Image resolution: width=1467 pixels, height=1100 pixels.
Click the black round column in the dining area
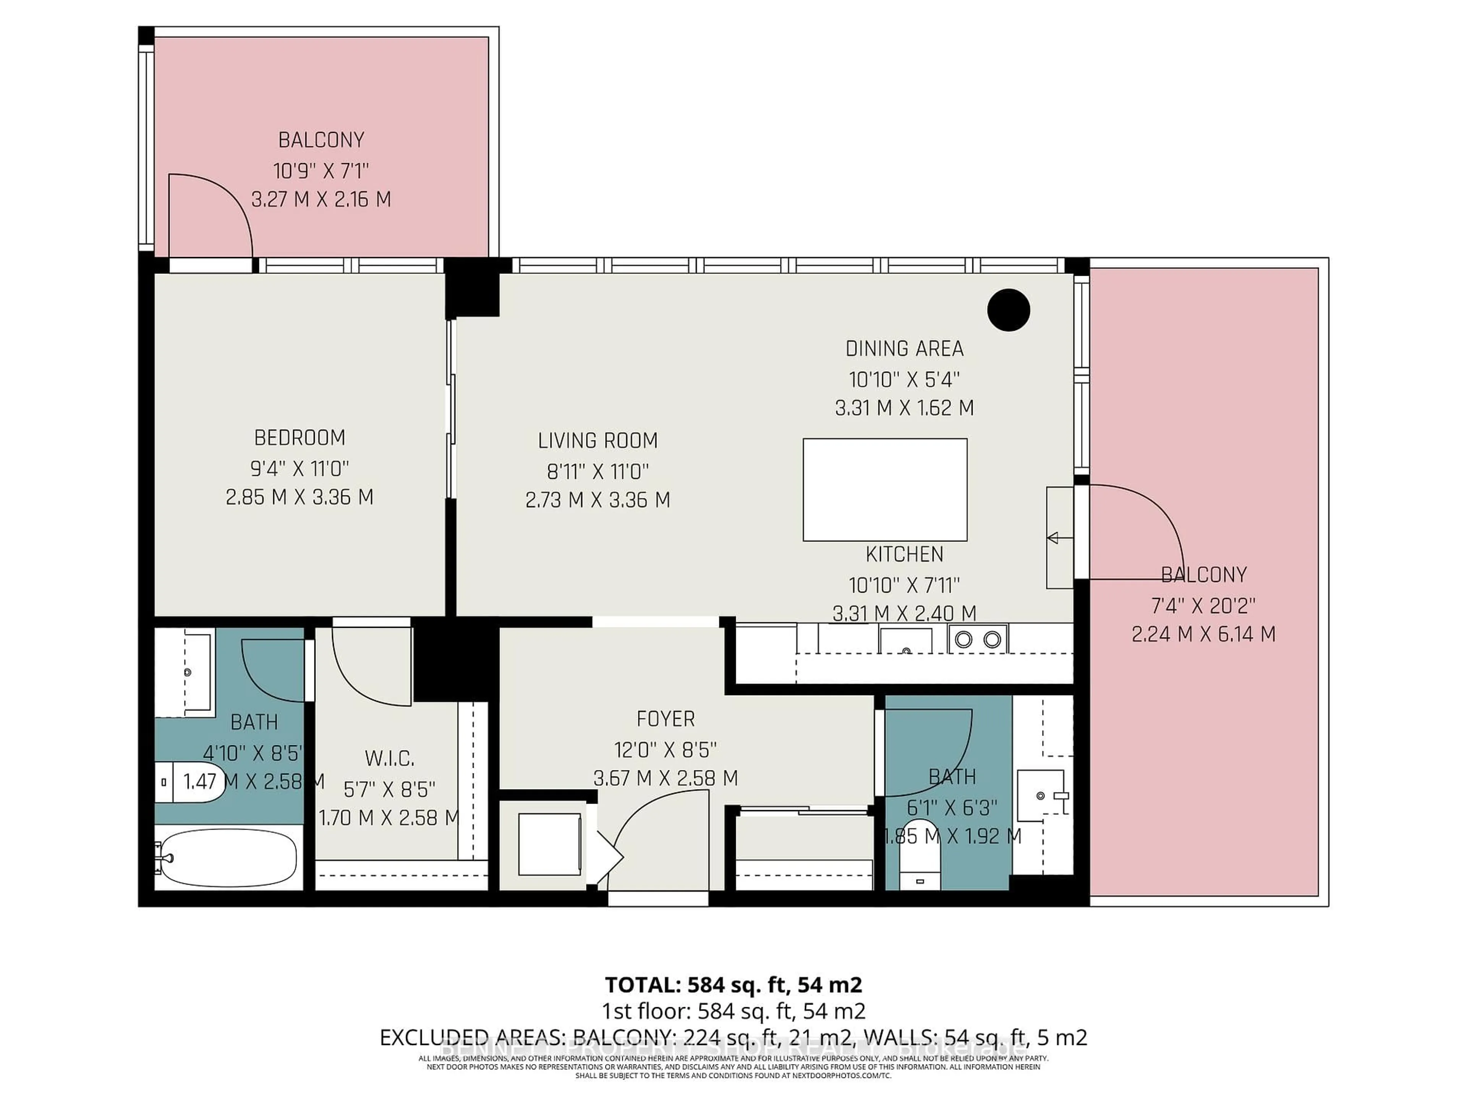(1008, 310)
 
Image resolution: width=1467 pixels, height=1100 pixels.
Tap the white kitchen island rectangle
(885, 489)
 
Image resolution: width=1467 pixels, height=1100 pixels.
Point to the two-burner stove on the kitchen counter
(978, 639)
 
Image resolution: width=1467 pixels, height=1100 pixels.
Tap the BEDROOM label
(300, 438)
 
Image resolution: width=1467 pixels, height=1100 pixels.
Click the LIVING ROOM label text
(597, 440)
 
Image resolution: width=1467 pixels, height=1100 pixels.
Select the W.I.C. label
(389, 758)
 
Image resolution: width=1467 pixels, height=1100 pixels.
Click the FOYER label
(665, 719)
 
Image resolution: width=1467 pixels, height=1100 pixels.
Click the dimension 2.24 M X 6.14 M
(1203, 634)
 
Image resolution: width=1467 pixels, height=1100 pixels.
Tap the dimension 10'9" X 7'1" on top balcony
(321, 171)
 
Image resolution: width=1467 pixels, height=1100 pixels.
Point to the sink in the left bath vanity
(188, 672)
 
